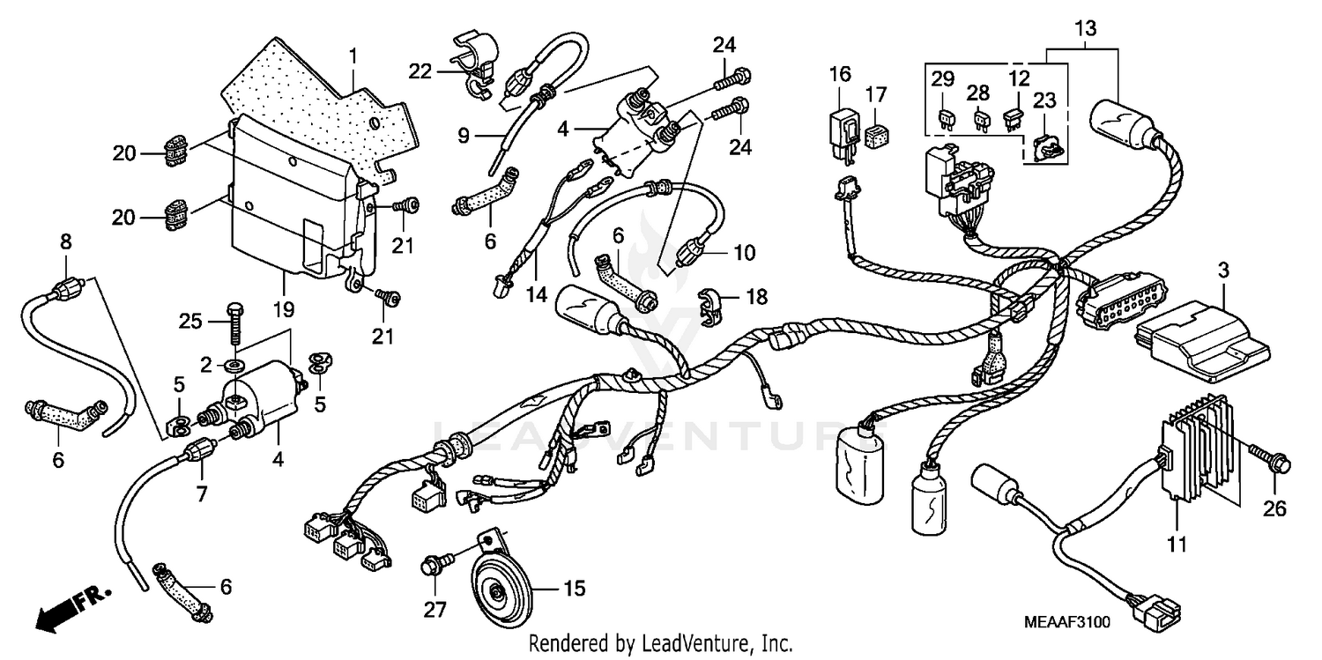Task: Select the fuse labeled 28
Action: (x=981, y=118)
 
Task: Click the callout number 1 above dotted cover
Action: (x=353, y=56)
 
